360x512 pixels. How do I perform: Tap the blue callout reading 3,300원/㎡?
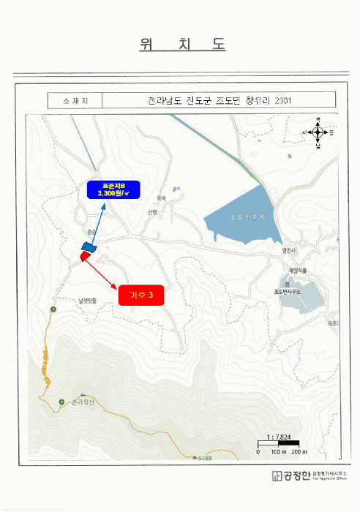click(107, 189)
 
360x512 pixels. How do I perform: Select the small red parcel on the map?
click(85, 255)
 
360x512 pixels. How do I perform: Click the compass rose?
click(318, 133)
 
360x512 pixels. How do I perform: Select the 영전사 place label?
click(290, 249)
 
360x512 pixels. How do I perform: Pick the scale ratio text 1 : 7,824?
click(280, 437)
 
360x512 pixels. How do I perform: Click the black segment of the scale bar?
click(269, 444)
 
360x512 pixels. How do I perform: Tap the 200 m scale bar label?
click(301, 452)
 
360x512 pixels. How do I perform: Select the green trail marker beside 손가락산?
click(61, 402)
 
